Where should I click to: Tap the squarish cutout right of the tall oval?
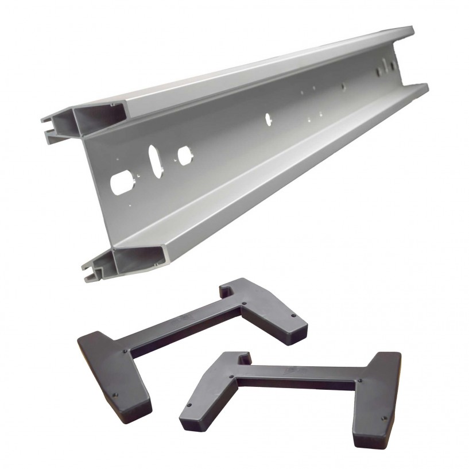point(184,154)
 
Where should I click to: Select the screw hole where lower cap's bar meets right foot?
point(359,380)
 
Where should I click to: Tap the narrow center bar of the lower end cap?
point(299,379)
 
